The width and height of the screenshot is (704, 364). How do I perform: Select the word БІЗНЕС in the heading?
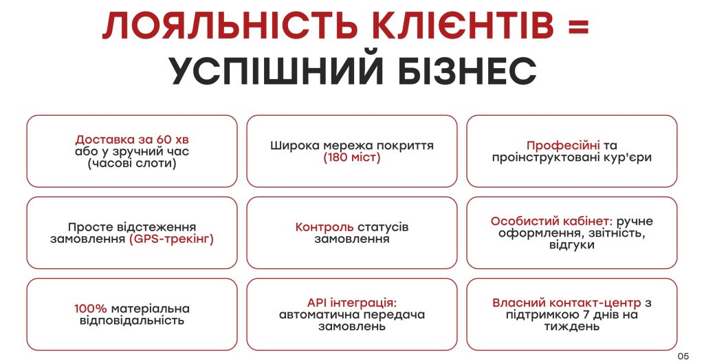point(467,71)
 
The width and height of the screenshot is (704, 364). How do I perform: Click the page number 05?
point(683,356)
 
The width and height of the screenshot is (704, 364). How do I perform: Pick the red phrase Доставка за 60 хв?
point(132,139)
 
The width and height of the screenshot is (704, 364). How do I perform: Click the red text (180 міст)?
point(351,158)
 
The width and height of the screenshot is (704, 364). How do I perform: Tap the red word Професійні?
point(563,146)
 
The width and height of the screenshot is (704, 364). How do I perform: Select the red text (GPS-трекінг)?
point(171,239)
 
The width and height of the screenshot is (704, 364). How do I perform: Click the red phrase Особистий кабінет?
point(551,221)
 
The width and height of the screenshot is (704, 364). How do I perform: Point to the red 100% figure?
point(90,309)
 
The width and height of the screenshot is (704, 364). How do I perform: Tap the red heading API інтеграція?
point(352,303)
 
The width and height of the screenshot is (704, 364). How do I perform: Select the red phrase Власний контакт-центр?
point(568,303)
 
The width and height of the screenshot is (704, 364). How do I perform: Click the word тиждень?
point(571,326)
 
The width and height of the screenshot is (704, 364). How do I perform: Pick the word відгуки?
point(571,245)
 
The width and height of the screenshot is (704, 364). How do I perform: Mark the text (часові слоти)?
point(132,163)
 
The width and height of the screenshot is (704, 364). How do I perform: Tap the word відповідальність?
point(132,321)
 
